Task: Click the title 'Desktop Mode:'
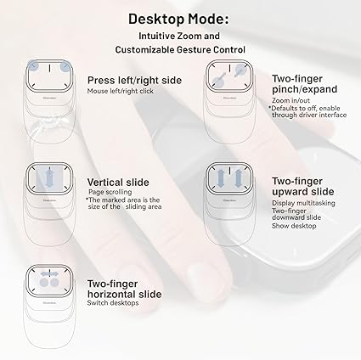click(x=178, y=20)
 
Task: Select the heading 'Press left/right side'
click(x=134, y=80)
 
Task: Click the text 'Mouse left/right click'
click(x=121, y=91)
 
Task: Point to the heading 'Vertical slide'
click(x=118, y=183)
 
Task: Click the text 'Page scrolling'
click(x=110, y=192)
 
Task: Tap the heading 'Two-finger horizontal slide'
click(x=124, y=289)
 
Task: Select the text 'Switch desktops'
click(x=113, y=303)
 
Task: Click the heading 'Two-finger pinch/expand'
click(x=305, y=84)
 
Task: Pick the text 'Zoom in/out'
click(x=290, y=100)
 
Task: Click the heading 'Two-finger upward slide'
click(x=303, y=186)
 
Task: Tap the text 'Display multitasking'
click(x=303, y=203)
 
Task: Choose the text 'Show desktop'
click(x=294, y=226)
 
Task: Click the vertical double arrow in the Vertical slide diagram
click(x=50, y=178)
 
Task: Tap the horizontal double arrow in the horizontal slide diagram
click(x=49, y=274)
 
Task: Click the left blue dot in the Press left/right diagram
click(x=34, y=66)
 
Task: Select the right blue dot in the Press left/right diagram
click(x=65, y=66)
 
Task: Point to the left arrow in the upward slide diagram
click(x=220, y=178)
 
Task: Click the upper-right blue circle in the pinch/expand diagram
click(x=240, y=69)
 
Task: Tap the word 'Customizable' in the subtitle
click(x=145, y=50)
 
